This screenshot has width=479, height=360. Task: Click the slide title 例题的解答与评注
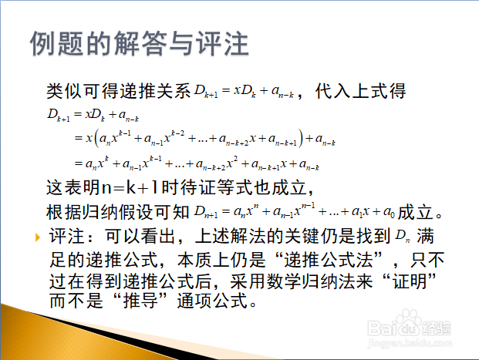140,43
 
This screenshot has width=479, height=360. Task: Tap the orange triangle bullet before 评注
38,237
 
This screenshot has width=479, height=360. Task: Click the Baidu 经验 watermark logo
410,325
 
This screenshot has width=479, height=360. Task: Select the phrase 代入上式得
360,91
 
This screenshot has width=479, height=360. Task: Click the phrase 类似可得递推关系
119,91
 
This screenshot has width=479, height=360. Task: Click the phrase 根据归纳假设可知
118,212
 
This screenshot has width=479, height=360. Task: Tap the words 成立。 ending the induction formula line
420,212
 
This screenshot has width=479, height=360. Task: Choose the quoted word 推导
140,301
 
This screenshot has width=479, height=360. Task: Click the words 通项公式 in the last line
213,301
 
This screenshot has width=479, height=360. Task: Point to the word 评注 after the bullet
66,237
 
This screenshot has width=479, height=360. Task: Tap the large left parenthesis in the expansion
97,138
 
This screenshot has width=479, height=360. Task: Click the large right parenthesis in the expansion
301,138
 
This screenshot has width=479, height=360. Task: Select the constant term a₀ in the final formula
389,211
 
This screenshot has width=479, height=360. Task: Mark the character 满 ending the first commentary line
425,237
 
